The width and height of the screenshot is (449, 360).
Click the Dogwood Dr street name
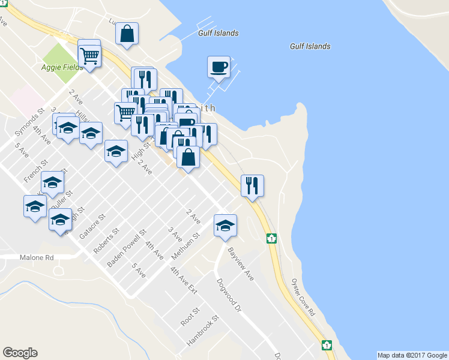click(229, 295)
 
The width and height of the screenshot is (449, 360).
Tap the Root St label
click(190, 317)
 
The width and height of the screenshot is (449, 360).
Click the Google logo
click(20, 353)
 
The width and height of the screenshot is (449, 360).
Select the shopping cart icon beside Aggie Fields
click(89, 56)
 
